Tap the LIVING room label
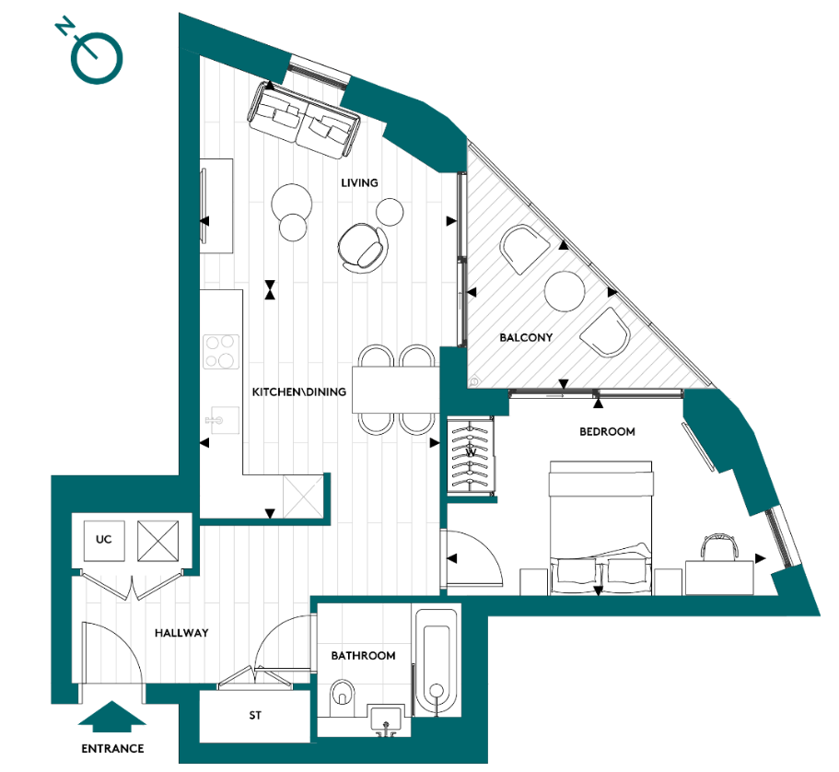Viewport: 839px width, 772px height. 359,182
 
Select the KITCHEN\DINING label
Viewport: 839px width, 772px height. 299,392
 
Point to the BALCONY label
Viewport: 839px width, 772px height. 526,337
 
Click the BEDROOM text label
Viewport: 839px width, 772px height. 607,431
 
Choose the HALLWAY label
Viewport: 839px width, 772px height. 181,633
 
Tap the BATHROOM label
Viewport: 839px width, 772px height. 364,655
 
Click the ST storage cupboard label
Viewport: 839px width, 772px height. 256,714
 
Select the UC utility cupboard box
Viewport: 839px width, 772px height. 103,539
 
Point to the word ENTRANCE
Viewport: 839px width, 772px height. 111,748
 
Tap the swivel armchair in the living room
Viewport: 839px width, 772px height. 362,247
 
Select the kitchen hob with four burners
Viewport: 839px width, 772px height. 221,350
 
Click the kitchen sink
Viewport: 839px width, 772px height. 218,420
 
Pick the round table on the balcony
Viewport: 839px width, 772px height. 565,291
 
